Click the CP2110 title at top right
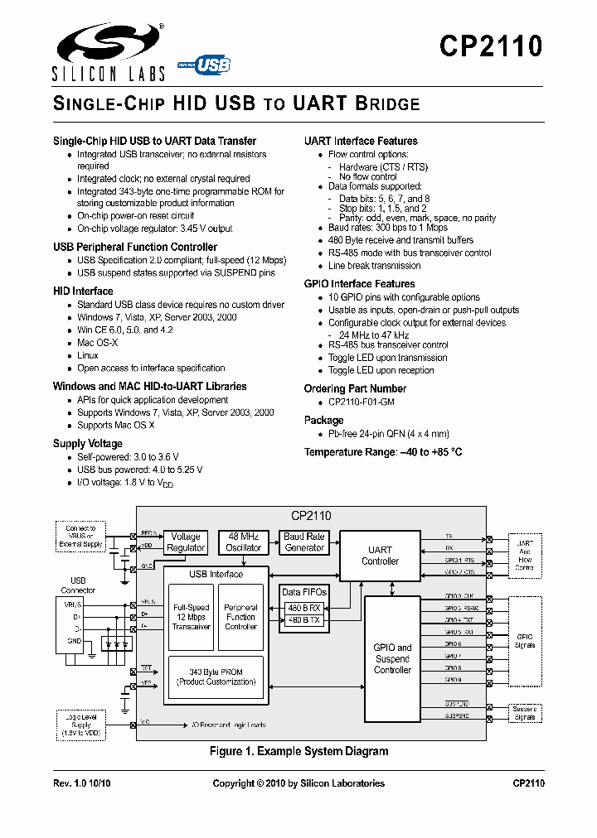point(491,47)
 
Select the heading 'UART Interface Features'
point(361,141)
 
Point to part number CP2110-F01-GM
point(362,402)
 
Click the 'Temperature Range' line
point(382,452)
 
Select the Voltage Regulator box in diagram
point(185,542)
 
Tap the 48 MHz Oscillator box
point(243,542)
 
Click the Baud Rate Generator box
point(303,542)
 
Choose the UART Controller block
point(380,556)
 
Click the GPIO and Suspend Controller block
point(392,658)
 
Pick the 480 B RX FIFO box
point(303,607)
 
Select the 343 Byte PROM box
point(216,677)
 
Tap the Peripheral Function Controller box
point(240,617)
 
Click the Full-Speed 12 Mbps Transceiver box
point(191,617)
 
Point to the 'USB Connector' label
point(77,585)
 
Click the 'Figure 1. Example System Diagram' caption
point(298,752)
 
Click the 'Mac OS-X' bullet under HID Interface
point(98,343)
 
